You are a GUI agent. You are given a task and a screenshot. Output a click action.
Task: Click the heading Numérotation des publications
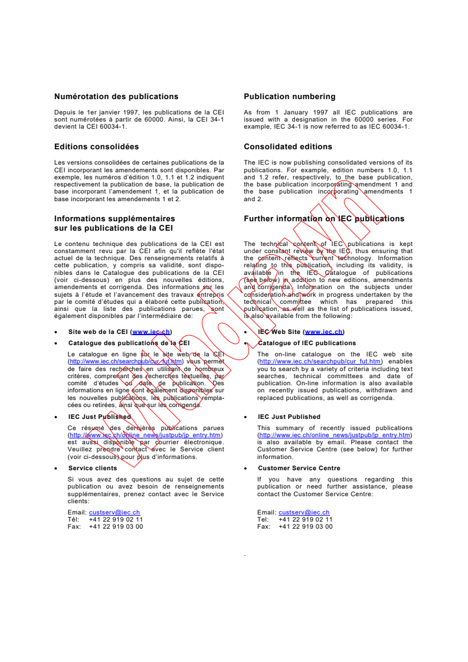[116, 97]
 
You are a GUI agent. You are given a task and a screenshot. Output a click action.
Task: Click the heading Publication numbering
[289, 97]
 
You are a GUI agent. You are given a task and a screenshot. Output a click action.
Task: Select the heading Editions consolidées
[96, 147]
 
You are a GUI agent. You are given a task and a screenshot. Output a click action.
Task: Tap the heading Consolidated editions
[287, 147]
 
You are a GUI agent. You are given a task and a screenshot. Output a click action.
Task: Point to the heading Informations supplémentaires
[114, 219]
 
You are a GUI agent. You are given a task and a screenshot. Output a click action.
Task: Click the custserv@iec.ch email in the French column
[114, 513]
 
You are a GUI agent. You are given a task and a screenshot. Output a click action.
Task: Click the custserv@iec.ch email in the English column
[304, 513]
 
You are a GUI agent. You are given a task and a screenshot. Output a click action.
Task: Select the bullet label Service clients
[93, 468]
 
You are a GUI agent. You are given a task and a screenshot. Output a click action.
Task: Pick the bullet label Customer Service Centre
[299, 468]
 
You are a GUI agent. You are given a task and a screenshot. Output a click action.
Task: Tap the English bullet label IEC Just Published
[289, 417]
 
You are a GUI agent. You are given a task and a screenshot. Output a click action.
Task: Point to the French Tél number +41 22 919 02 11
[116, 520]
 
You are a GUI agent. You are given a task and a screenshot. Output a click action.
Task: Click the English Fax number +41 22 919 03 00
[305, 527]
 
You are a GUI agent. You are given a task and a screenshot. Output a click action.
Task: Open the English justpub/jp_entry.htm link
[335, 435]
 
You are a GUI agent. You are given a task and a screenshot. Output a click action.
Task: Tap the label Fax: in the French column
[75, 527]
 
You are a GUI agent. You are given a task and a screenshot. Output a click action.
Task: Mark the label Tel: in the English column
[263, 520]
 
